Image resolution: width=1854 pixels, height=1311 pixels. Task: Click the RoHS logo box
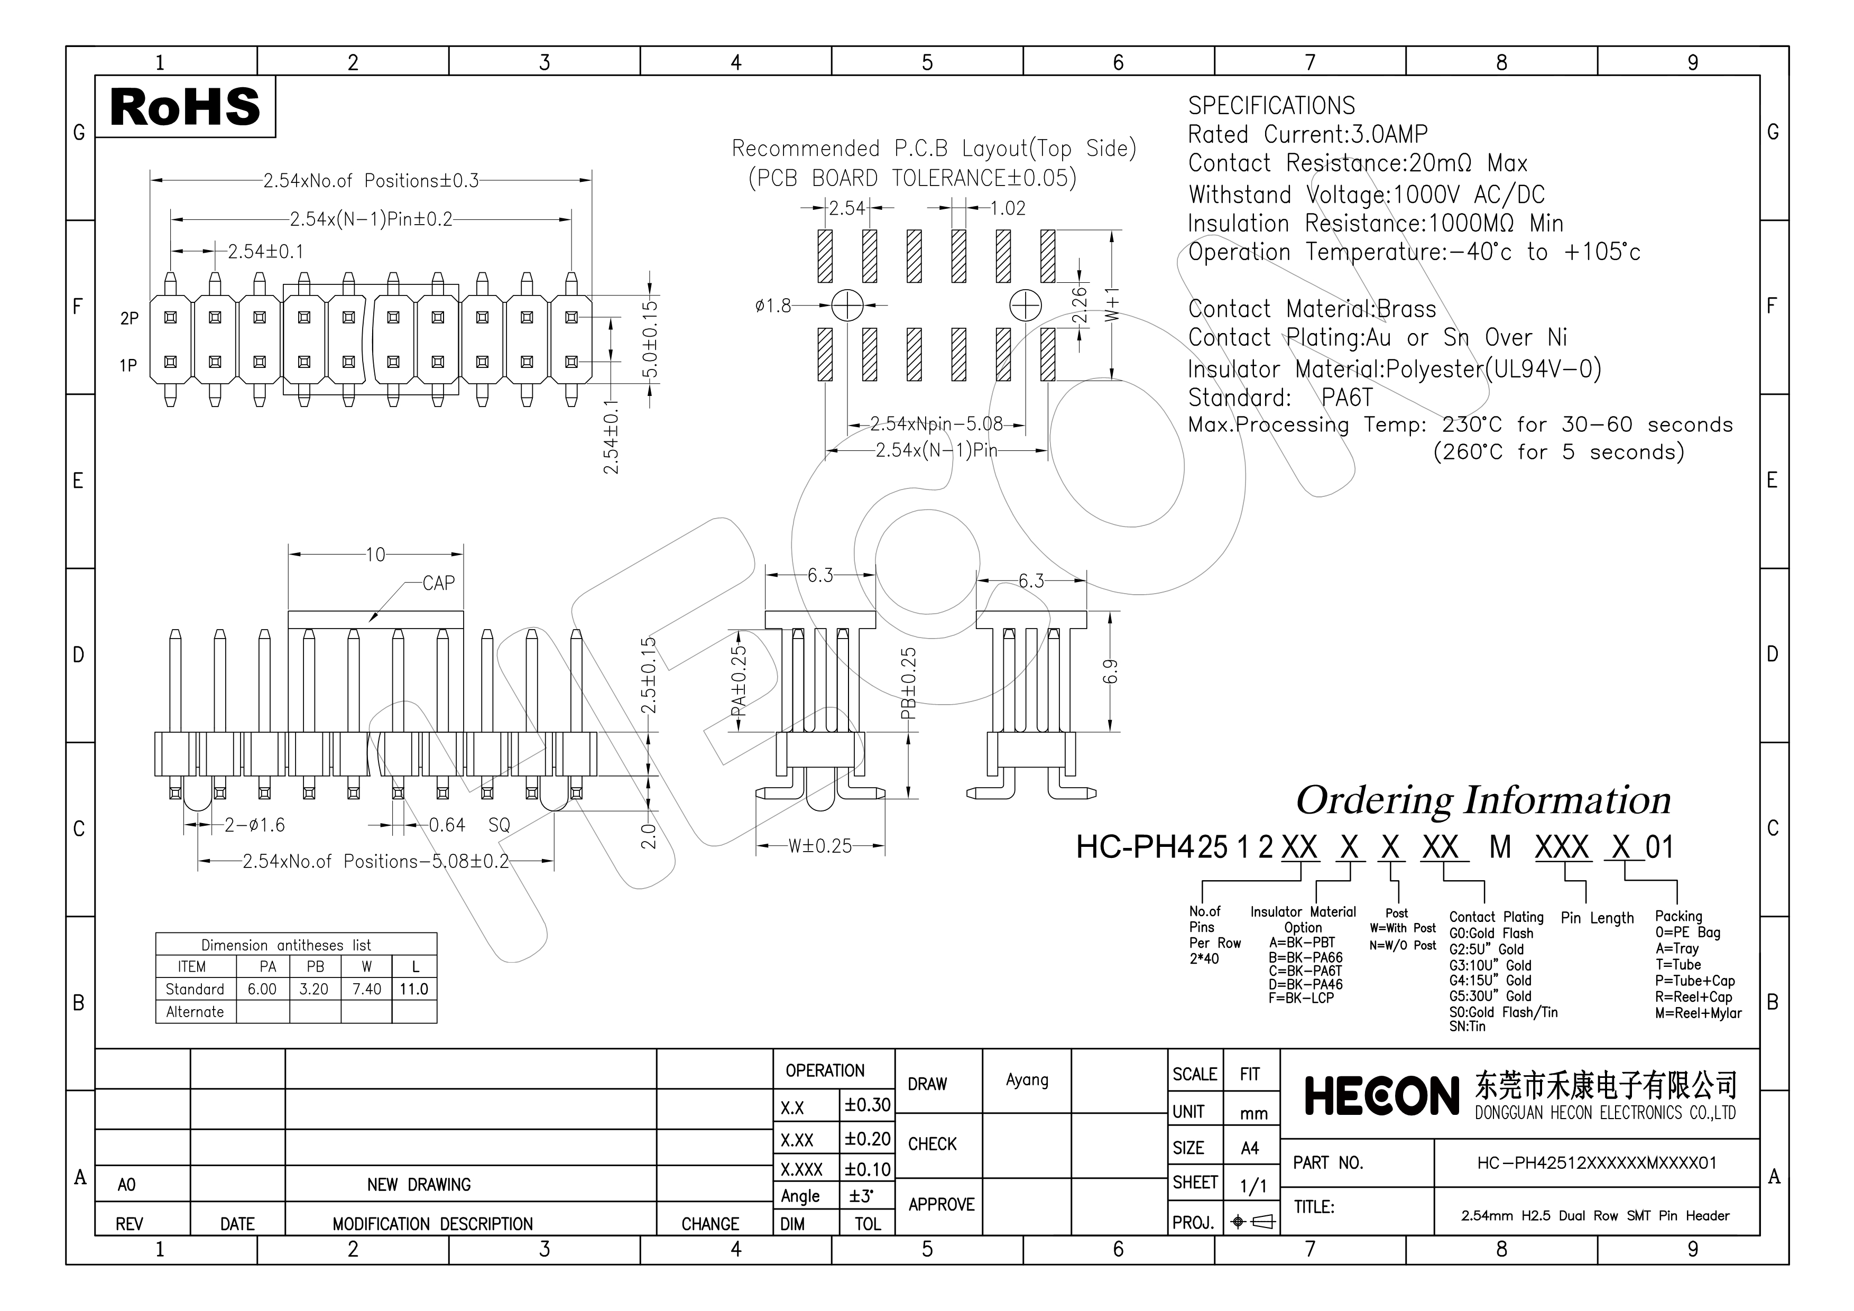(185, 107)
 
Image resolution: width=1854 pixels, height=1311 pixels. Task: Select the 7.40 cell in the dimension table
(366, 989)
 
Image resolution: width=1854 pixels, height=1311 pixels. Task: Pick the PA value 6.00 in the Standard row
(262, 989)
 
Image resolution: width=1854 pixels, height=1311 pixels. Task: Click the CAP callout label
(438, 583)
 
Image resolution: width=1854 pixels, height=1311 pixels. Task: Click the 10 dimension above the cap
(375, 555)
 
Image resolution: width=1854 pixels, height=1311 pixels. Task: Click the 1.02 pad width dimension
(1008, 208)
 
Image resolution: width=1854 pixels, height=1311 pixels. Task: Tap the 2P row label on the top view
(129, 319)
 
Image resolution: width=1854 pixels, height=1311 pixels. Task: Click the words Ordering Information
(1482, 800)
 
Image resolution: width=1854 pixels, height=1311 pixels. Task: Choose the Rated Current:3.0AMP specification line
(1307, 134)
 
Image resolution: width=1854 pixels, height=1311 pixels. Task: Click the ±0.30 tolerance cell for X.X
(867, 1105)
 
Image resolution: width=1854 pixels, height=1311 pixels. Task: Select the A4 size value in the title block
(1249, 1148)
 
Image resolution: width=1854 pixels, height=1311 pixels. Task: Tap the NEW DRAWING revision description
(418, 1184)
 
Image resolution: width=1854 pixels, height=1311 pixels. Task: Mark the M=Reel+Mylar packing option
(1698, 1013)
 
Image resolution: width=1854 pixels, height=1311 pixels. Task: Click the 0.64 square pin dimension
(447, 825)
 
